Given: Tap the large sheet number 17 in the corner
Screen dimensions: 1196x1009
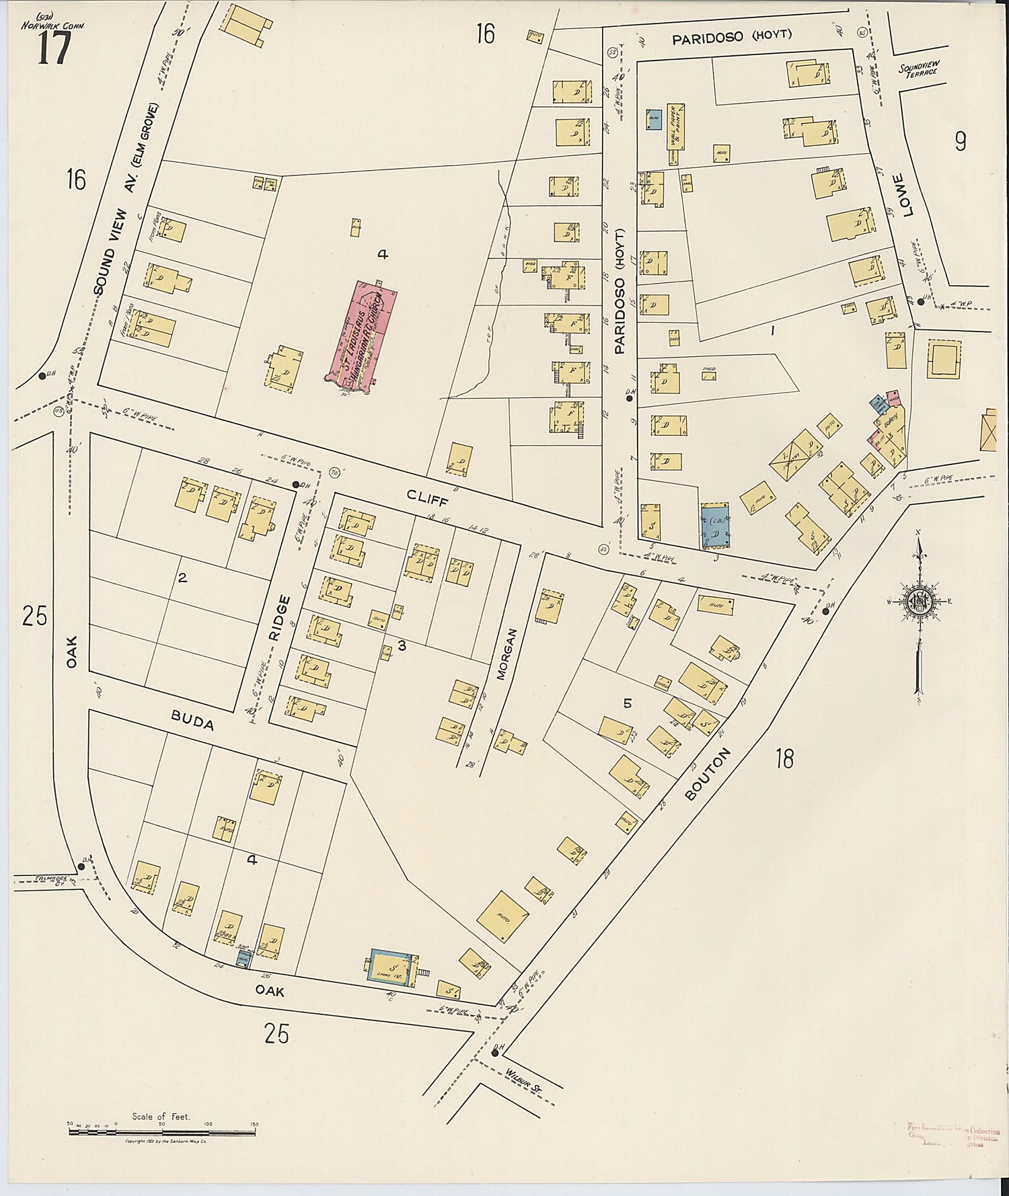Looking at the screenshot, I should click(x=53, y=48).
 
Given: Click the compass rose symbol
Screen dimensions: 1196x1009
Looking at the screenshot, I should click(x=918, y=600).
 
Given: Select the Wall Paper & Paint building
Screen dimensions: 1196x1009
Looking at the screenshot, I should click(x=675, y=128).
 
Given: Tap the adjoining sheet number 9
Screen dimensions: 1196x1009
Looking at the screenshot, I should click(x=960, y=141).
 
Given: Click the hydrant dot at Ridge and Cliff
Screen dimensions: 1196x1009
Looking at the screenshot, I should click(x=295, y=484).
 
